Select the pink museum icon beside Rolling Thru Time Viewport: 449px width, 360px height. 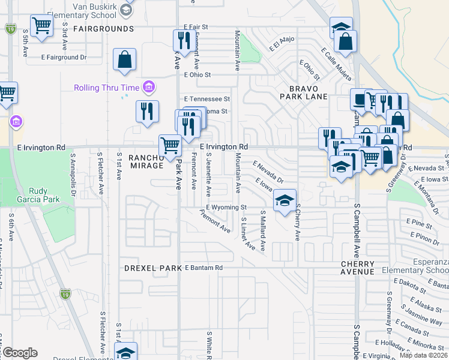149,88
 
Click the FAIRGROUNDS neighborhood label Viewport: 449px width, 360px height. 103,28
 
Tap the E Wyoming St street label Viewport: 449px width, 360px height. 226,207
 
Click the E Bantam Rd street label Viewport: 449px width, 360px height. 203,267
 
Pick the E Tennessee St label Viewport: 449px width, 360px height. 207,98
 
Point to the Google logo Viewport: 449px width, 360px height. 19,353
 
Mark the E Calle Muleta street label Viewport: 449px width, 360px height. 336,60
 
